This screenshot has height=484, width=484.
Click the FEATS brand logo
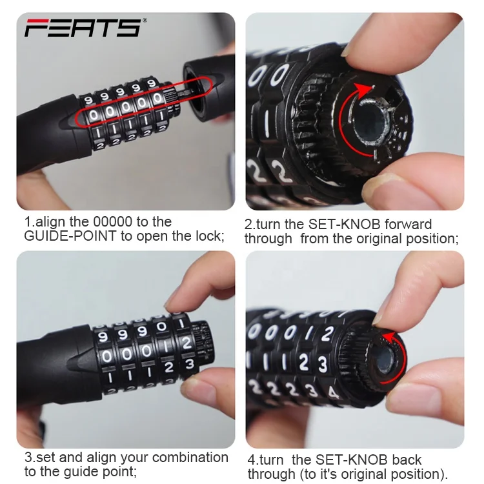click(x=83, y=28)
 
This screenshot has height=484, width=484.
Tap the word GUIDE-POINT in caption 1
click(x=70, y=236)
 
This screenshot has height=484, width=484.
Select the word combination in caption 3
click(x=190, y=458)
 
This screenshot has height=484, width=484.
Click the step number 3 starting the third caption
click(x=28, y=458)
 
